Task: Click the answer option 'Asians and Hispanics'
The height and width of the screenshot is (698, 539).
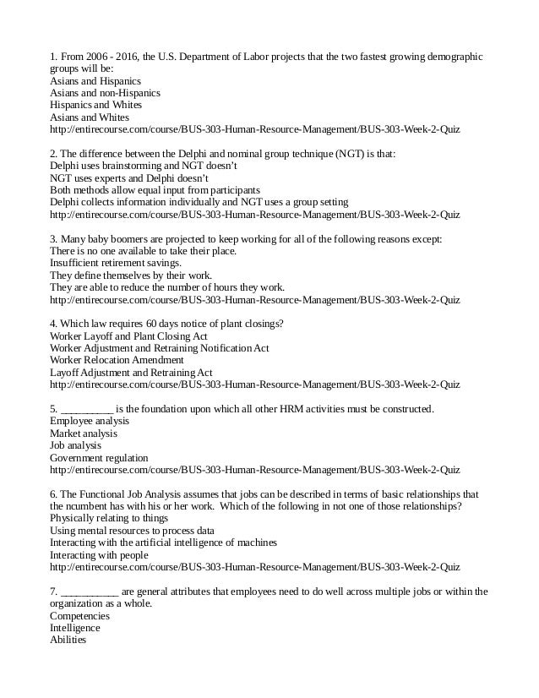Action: tap(96, 81)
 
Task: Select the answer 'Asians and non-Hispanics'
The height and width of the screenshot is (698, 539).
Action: tap(105, 93)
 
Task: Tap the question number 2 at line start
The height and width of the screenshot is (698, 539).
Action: tap(54, 155)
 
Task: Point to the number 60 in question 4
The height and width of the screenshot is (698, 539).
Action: tap(153, 324)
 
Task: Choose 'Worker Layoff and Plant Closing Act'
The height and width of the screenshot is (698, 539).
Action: tap(128, 336)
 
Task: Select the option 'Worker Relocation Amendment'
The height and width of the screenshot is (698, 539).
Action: tap(117, 361)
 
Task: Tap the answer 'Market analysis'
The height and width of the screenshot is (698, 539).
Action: tap(84, 434)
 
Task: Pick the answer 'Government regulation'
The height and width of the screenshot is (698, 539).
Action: tap(99, 458)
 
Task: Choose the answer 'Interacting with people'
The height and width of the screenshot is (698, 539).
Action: tap(99, 555)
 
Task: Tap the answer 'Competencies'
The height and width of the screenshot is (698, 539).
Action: tap(79, 616)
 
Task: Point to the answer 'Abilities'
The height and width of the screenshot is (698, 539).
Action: tap(68, 640)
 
